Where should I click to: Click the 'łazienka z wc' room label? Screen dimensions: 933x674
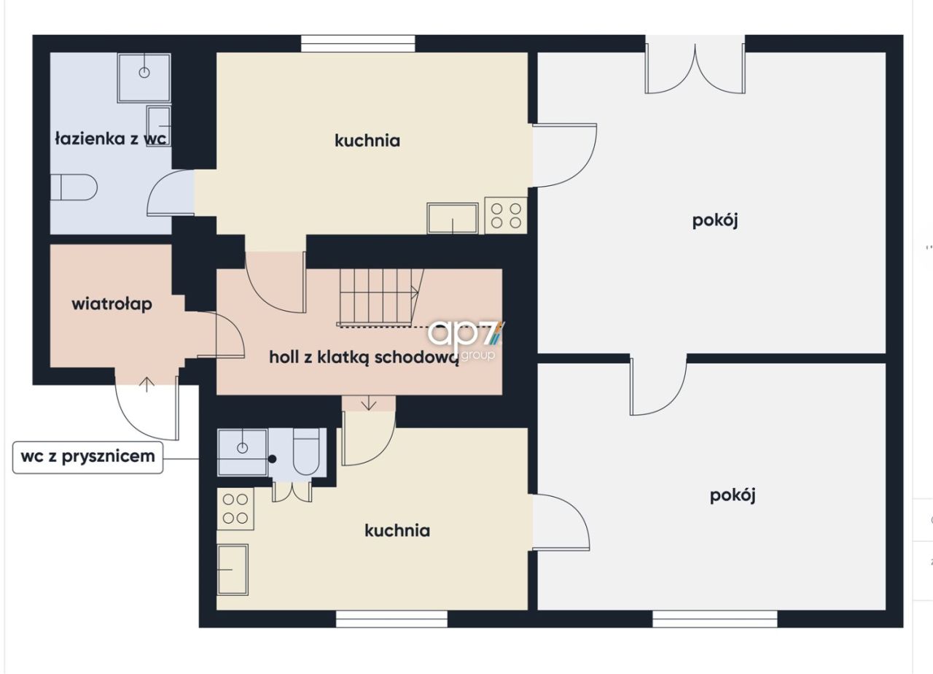click(111, 139)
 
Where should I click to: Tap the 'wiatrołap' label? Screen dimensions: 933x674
click(112, 304)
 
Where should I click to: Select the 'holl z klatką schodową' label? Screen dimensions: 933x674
click(364, 357)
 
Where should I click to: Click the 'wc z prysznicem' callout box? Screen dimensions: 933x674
click(87, 457)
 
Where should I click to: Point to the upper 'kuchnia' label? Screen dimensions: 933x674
click(367, 141)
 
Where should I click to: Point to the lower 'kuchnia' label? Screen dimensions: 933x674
click(397, 530)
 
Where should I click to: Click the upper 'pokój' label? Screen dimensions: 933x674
click(715, 221)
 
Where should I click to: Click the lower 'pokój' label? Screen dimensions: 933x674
click(733, 495)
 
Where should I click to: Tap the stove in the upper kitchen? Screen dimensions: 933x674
click(506, 215)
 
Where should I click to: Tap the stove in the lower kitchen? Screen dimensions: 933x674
click(235, 508)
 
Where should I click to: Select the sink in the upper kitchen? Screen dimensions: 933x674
click(453, 218)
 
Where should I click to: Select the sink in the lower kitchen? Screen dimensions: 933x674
click(233, 570)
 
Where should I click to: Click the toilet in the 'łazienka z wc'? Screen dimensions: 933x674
click(74, 187)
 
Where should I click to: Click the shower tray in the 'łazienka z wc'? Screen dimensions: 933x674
click(144, 77)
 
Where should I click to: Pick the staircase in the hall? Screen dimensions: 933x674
click(380, 298)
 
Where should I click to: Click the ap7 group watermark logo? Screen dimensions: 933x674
click(466, 340)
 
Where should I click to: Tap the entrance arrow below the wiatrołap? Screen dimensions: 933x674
click(147, 384)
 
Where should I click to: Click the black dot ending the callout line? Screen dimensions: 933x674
click(272, 459)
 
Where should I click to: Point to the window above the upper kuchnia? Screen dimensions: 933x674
click(358, 44)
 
